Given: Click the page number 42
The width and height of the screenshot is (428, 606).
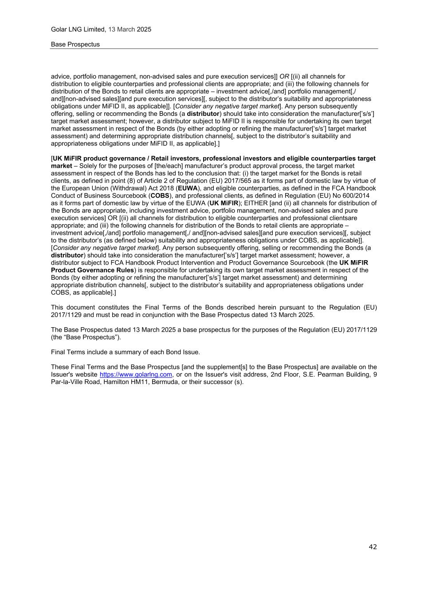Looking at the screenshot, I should [x=373, y=547].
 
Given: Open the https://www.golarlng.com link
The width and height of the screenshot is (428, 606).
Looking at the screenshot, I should [x=136, y=375].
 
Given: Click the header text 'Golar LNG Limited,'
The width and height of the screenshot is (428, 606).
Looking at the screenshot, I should [x=79, y=29].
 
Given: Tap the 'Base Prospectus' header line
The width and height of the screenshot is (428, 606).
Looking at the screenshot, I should [x=75, y=44].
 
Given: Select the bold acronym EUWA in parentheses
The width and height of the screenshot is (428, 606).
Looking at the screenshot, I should [x=188, y=188].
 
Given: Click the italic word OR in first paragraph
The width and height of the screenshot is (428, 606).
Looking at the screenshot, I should [x=284, y=76].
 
